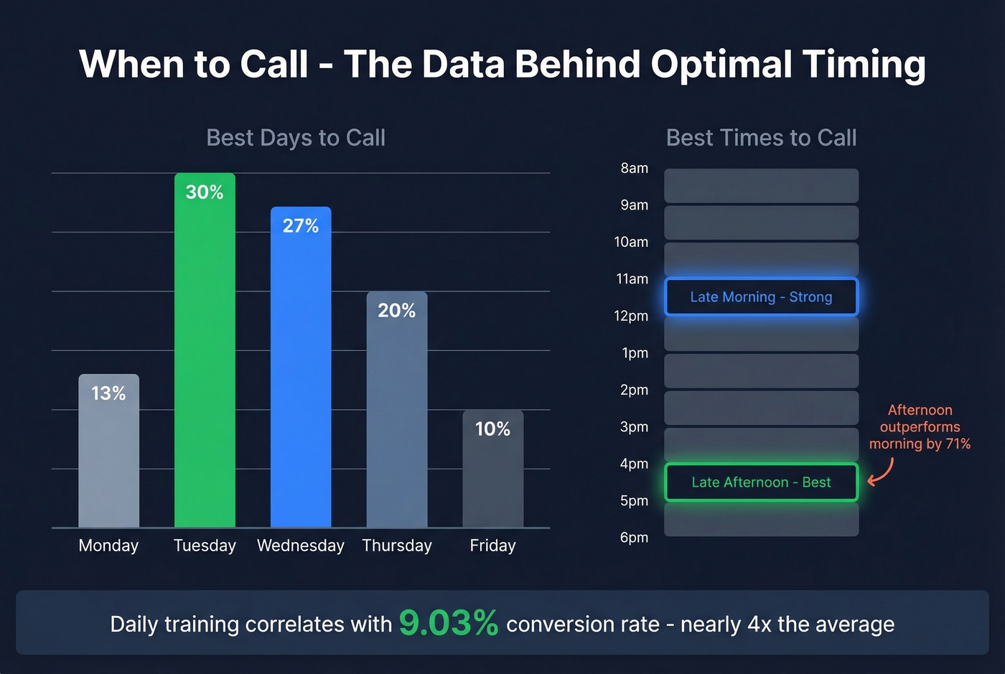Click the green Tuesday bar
(205, 359)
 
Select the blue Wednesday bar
(301, 373)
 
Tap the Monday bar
(108, 459)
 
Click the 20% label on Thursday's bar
(396, 311)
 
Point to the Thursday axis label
(396, 546)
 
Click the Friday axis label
(492, 546)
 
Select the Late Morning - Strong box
(761, 297)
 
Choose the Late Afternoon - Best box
(761, 482)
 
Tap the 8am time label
(634, 169)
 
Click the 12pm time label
(631, 317)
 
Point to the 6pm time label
(634, 538)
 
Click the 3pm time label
(634, 427)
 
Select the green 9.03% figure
(448, 623)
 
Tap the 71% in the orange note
(958, 444)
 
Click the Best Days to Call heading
(296, 138)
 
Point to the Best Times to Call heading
(761, 138)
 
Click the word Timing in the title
(864, 65)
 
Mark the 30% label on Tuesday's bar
(205, 192)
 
